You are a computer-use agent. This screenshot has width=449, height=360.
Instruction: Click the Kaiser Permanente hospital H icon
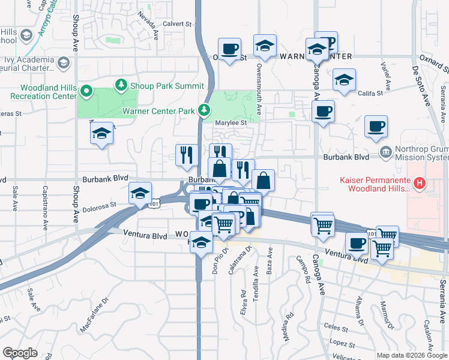tap(420, 182)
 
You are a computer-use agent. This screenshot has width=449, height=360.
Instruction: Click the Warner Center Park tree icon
tap(205, 110)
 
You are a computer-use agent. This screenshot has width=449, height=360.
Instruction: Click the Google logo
tap(20, 353)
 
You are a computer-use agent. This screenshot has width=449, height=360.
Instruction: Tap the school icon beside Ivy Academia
tap(62, 61)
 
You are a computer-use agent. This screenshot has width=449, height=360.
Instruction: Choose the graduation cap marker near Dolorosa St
tap(140, 194)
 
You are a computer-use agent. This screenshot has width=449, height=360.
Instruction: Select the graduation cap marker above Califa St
tap(344, 80)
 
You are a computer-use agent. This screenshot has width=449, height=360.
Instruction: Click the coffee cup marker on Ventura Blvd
tap(357, 244)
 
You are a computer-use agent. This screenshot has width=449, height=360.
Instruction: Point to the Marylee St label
tap(232, 123)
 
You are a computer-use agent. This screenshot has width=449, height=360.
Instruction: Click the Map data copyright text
tap(411, 355)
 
